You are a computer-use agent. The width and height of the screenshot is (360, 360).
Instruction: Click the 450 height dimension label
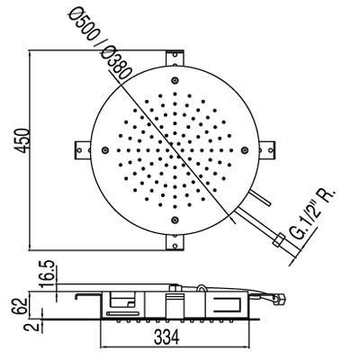pyautogui.click(x=22, y=139)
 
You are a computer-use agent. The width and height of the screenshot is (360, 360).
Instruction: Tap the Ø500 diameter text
pyautogui.click(x=84, y=25)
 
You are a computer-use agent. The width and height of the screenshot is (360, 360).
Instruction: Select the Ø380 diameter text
pyautogui.click(x=117, y=65)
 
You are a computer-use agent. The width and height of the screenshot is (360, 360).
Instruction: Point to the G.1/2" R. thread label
pyautogui.click(x=313, y=214)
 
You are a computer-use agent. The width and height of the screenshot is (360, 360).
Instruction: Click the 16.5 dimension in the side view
pyautogui.click(x=48, y=274)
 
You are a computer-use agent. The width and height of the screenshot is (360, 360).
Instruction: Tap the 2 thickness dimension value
pyautogui.click(x=35, y=325)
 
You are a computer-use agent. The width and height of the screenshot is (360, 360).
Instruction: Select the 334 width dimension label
pyautogui.click(x=166, y=337)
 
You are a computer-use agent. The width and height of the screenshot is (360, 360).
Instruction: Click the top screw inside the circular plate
pyautogui.click(x=175, y=80)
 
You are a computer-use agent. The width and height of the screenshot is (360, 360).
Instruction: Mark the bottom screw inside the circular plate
pyautogui.click(x=175, y=220)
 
